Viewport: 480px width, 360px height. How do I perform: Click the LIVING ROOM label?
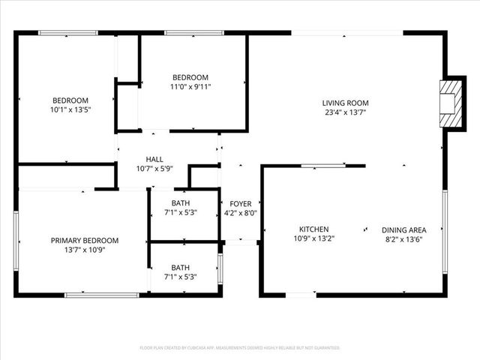345,103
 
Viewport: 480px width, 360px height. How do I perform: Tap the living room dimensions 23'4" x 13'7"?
345,113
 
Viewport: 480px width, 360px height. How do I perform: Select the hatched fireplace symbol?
448,103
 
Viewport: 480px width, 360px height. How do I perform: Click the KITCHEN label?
313,229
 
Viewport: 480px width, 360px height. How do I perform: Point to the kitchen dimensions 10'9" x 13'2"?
313,239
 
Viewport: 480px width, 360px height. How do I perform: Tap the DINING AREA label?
403,229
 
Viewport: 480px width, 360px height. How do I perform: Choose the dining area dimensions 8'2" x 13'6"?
403,239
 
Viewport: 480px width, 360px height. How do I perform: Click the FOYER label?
241,203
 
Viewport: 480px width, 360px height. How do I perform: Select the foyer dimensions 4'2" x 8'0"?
241,213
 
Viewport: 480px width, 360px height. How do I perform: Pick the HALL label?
154,159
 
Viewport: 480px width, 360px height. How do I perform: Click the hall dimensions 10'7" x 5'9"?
154,169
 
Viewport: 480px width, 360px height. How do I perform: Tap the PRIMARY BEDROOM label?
85,240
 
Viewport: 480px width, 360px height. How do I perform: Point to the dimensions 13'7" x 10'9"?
85,250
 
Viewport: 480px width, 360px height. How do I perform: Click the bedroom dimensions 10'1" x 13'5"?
70,110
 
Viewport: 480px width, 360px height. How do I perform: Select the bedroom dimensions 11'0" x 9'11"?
190,86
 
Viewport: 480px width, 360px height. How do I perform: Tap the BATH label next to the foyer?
180,203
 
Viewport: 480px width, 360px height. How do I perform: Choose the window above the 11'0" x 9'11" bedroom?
187,32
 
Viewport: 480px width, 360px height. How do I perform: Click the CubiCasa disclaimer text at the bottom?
240,348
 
